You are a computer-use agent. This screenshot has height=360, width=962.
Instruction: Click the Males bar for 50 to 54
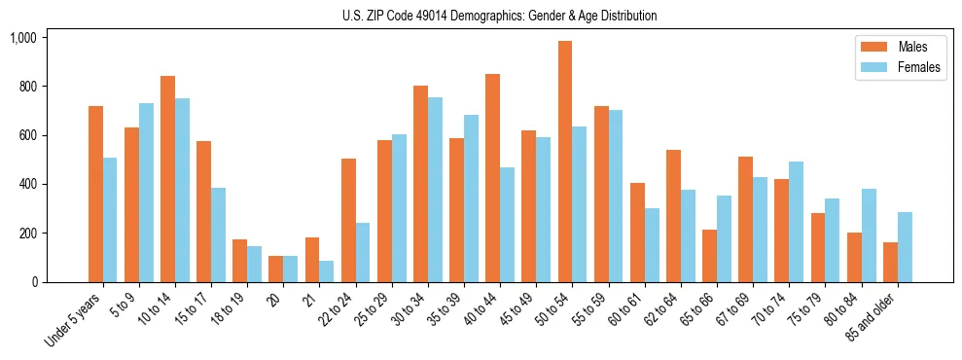pyautogui.click(x=564, y=162)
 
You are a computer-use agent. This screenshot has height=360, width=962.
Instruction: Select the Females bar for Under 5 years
pyautogui.click(x=110, y=220)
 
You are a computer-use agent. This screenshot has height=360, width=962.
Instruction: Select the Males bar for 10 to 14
pyautogui.click(x=167, y=179)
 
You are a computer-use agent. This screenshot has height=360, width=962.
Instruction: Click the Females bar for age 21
pyautogui.click(x=327, y=271)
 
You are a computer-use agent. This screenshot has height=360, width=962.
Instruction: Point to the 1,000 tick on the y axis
pyautogui.click(x=23, y=38)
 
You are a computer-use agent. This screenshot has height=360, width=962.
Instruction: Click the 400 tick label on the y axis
pyautogui.click(x=27, y=185)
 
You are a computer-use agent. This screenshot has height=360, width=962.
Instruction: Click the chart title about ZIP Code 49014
pyautogui.click(x=499, y=16)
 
